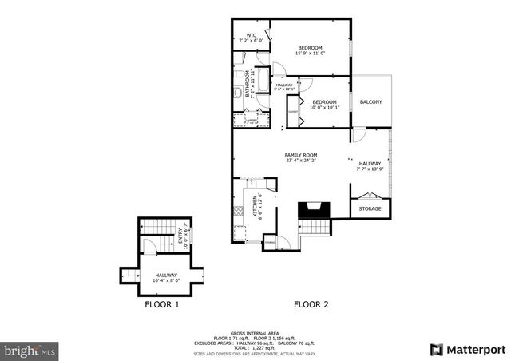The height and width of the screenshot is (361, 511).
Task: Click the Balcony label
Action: click(x=370, y=101)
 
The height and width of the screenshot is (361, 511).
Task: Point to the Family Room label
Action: click(x=302, y=157)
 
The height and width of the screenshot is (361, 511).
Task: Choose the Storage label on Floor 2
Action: click(x=370, y=209)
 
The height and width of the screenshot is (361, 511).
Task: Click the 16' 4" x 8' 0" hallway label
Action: click(x=167, y=277)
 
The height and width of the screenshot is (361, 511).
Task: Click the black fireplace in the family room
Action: click(x=312, y=211)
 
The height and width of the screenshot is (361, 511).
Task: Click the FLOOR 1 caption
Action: click(x=162, y=304)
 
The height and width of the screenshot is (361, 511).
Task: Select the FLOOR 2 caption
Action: click(x=311, y=304)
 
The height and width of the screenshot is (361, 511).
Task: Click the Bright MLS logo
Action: click(x=30, y=350)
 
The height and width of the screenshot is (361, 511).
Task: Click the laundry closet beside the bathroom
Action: click(x=250, y=120)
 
